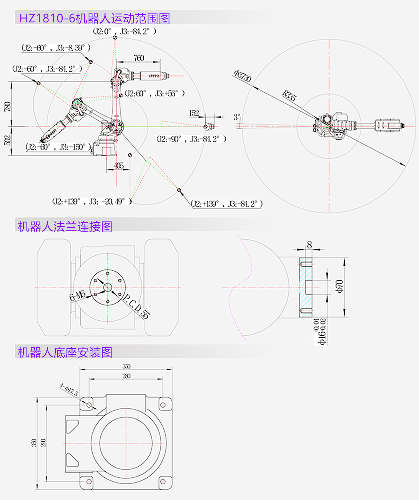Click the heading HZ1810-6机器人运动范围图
(x=94, y=18)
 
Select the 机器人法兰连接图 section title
(x=65, y=227)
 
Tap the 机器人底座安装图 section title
(x=65, y=352)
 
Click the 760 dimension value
(x=139, y=58)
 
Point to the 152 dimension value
(x=194, y=113)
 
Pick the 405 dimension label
(x=119, y=166)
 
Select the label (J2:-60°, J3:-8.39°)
(x=56, y=48)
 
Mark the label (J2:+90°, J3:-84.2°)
(x=191, y=139)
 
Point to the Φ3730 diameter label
(x=243, y=76)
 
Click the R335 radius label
(x=289, y=95)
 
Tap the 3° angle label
(x=237, y=117)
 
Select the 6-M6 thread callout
(x=77, y=296)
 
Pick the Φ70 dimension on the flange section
(x=339, y=287)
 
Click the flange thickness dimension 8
(x=309, y=245)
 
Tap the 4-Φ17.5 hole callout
(x=69, y=390)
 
